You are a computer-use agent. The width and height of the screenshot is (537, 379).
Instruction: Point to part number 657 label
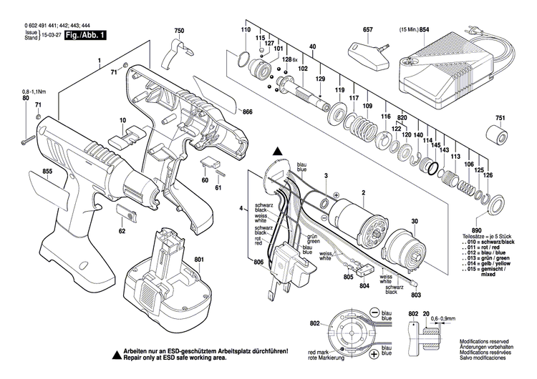pos(368,31)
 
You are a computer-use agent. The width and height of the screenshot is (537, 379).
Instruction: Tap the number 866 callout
pos(247,112)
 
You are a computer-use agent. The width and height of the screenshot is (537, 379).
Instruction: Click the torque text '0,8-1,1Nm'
pos(34,93)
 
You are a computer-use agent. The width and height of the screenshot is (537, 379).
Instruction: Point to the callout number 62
pos(122,231)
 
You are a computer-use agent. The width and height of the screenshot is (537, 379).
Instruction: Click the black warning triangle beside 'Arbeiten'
pos(115,354)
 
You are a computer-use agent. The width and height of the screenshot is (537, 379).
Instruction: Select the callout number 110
pos(246,31)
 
